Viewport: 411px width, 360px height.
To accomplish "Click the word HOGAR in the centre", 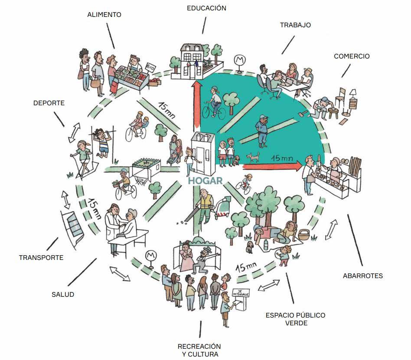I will point(205,181).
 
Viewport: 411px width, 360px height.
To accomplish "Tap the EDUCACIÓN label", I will point(206,8).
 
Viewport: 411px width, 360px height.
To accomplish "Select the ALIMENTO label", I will point(104,14).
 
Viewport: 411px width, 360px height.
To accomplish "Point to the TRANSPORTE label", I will point(41,258).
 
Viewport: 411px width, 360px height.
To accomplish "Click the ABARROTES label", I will point(363,276).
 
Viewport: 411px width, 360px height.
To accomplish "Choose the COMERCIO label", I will point(352,56).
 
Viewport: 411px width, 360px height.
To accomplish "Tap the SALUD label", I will point(63,295).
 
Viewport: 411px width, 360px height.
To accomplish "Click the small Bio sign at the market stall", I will point(150,68).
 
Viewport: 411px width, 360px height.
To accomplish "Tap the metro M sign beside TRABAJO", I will point(239,60).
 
